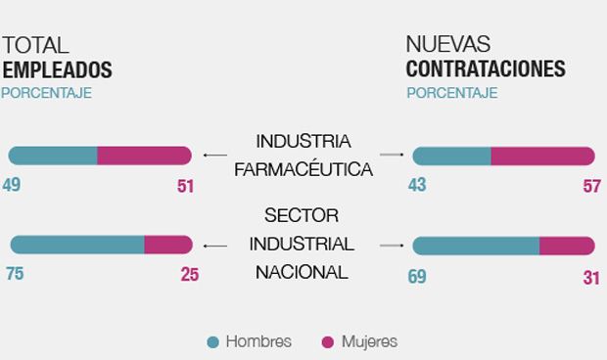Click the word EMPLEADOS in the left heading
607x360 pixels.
(57, 69)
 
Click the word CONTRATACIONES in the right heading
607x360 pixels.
(486, 69)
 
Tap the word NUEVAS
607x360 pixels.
(448, 45)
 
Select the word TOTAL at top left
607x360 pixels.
(35, 45)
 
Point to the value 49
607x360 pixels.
(13, 184)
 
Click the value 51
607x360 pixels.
(186, 185)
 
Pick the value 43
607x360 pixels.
(417, 184)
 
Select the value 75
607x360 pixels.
(14, 274)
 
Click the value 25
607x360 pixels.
(189, 275)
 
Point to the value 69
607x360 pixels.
(417, 277)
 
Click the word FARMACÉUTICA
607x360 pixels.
(303, 169)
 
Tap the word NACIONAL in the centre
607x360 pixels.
(302, 272)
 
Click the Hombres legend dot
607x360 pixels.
(212, 342)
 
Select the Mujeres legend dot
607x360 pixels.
(328, 342)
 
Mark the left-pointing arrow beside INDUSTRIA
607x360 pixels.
(213, 155)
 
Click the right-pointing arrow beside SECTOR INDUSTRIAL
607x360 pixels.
(391, 245)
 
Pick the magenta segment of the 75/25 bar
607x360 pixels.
(167, 245)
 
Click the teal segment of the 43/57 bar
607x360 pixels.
(452, 156)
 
